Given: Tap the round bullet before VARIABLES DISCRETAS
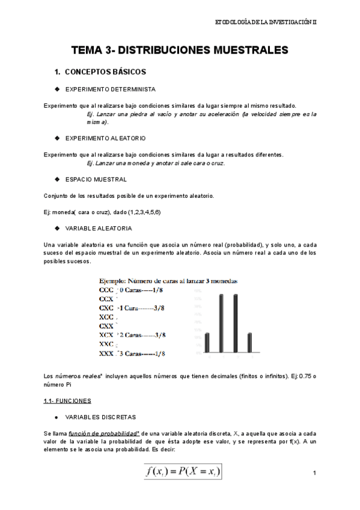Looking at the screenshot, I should click(x=56, y=416).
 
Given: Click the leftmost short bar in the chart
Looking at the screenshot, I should click(x=207, y=342).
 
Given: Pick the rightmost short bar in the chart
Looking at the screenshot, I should click(x=249, y=342).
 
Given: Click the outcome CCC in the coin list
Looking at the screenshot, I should click(x=106, y=289).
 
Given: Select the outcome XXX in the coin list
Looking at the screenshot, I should click(x=106, y=353).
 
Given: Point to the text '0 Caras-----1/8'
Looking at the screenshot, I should click(x=141, y=289).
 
